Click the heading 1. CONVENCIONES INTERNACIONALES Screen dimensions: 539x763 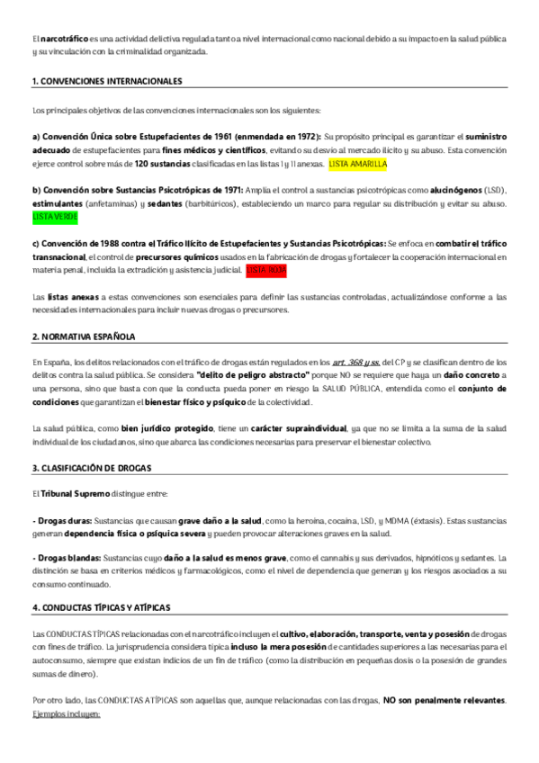coord(107,82)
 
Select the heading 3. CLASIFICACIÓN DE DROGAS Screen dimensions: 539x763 coord(92,469)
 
